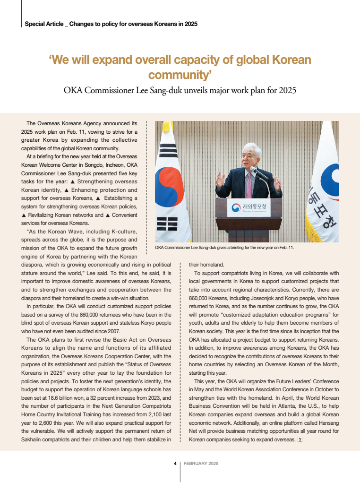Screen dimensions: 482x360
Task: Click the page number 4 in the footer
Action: [x=175, y=464]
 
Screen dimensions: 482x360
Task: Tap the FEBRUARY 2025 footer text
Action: [x=201, y=464]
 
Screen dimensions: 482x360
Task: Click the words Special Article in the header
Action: [x=43, y=24]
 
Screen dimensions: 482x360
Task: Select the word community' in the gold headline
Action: [x=180, y=75]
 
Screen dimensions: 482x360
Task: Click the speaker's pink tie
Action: [x=249, y=186]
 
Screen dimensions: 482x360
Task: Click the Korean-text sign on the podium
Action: [x=249, y=207]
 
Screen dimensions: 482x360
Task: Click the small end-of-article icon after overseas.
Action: [x=299, y=440]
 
